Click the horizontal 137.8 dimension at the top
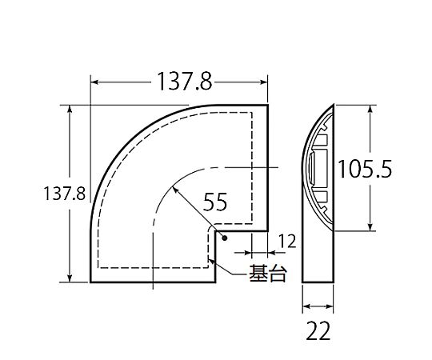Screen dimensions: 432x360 (x=185, y=82)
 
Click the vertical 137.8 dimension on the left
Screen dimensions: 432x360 (x=65, y=194)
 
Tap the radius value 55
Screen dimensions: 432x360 (x=215, y=202)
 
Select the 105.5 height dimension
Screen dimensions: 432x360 (x=364, y=169)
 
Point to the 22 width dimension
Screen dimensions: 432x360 (x=318, y=331)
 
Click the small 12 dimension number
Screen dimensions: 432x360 (x=287, y=242)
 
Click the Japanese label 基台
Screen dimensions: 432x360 (x=268, y=274)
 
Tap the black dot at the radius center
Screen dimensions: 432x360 (x=225, y=238)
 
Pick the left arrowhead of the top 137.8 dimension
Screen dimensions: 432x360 (x=94, y=82)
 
